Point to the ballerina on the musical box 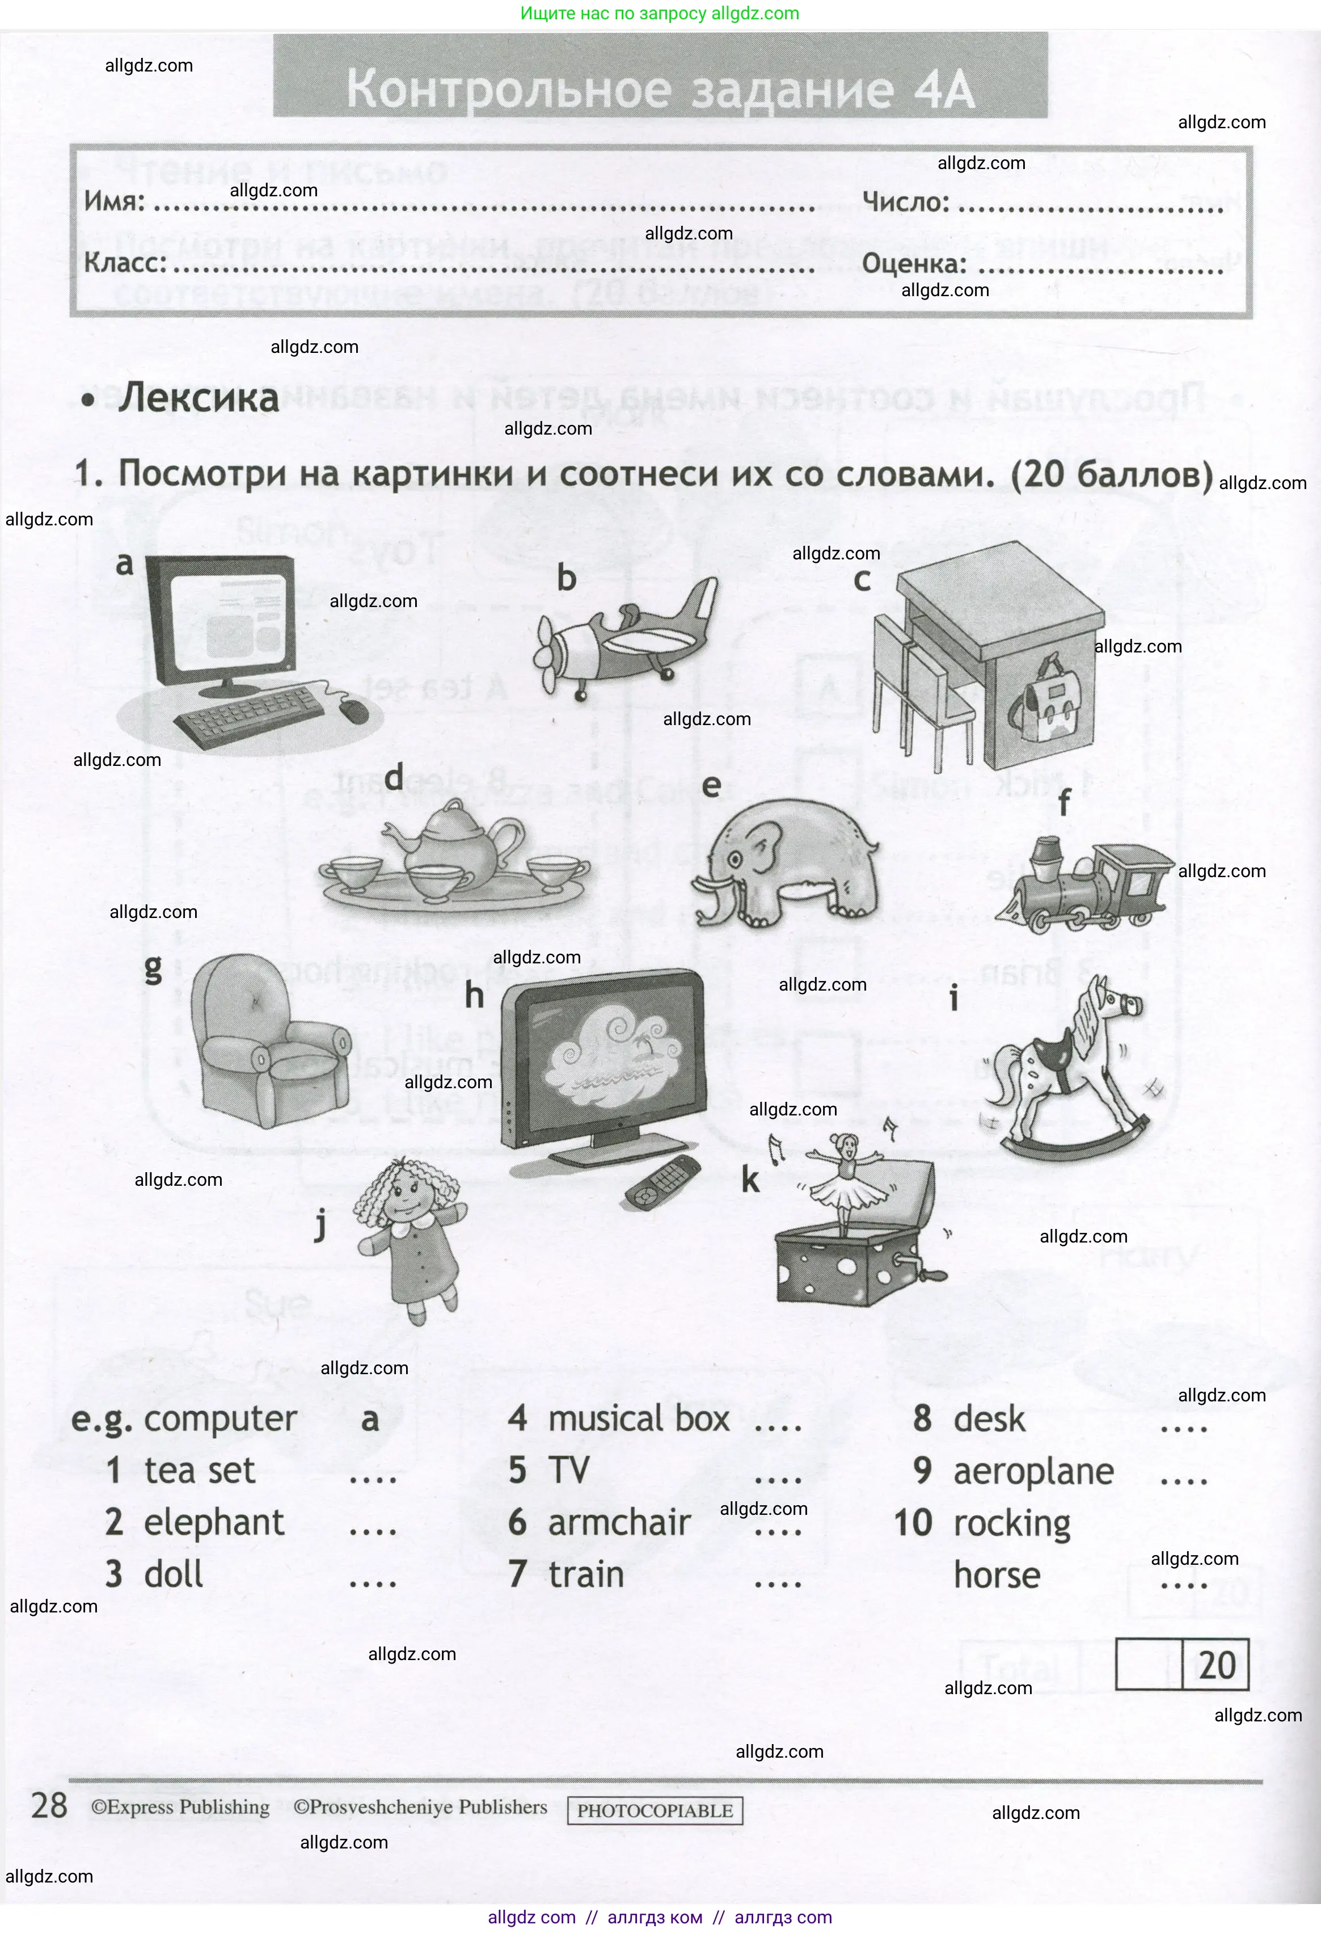click(x=847, y=1181)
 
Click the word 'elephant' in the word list click(x=214, y=1523)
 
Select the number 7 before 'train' click(x=517, y=1574)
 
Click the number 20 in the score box click(x=1216, y=1665)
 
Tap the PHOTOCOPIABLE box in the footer click(x=655, y=1810)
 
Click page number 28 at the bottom click(x=49, y=1806)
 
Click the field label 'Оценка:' click(x=914, y=264)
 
